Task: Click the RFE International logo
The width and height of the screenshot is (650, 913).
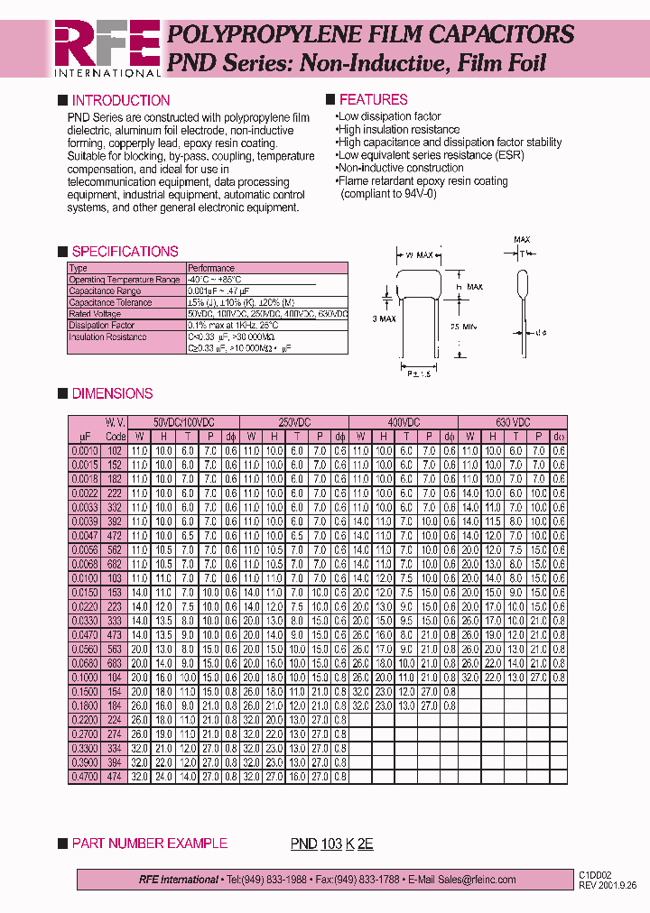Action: [107, 47]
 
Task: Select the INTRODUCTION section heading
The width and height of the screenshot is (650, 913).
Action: [120, 100]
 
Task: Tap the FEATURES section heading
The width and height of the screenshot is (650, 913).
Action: [373, 99]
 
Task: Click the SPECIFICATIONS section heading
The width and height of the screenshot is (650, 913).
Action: [125, 252]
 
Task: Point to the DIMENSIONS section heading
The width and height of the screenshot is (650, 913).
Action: [112, 393]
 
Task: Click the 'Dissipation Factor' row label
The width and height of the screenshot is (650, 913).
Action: [102, 325]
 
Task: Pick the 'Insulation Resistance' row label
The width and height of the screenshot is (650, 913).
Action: [107, 337]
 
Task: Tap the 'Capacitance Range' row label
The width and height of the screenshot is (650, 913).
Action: [105, 291]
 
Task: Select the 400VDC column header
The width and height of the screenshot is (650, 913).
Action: [403, 422]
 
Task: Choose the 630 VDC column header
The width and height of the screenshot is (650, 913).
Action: [513, 422]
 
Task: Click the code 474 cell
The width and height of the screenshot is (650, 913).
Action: [115, 776]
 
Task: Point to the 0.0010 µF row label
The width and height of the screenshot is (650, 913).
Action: [85, 450]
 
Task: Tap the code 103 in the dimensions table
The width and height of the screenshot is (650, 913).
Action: [115, 577]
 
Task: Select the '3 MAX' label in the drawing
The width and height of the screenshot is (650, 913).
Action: [385, 319]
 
